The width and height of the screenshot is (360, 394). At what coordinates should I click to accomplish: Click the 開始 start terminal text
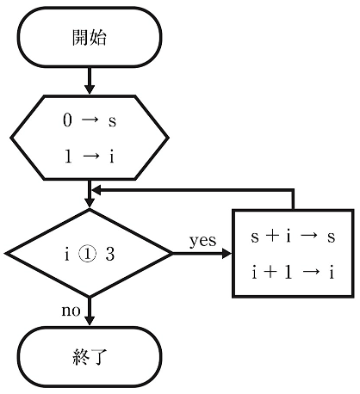point(90,38)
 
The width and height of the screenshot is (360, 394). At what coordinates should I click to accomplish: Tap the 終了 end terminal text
point(90,357)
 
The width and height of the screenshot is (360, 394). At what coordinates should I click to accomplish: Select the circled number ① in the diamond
point(88,255)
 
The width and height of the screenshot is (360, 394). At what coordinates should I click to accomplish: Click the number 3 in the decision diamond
point(110,254)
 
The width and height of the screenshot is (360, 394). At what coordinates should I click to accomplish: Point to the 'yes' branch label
point(202,241)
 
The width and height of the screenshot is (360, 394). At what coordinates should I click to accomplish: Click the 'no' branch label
point(71,311)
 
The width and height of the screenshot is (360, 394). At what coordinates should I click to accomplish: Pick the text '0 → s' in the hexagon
point(90,120)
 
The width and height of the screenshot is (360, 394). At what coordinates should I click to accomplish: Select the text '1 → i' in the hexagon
point(90,157)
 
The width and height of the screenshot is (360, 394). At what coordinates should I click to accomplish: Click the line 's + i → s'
point(293,237)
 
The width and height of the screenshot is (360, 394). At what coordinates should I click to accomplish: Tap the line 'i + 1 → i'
point(293,272)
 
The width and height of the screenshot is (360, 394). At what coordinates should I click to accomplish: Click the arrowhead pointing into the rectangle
point(227,254)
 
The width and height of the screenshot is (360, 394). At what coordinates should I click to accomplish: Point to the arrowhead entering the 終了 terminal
point(90,320)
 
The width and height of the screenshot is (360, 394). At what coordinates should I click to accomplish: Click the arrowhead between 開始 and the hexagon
point(90,89)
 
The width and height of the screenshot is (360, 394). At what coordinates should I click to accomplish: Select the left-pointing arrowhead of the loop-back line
point(96,190)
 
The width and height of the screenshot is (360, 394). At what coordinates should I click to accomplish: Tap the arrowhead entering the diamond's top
point(90,202)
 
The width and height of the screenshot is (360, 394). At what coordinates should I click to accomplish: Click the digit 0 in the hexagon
point(67,120)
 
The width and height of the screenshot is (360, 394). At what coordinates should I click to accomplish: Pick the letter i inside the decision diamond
point(67,254)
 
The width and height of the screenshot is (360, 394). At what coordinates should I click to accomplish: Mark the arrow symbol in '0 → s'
point(90,120)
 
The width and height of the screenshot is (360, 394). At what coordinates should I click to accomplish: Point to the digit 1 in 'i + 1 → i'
point(288,272)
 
